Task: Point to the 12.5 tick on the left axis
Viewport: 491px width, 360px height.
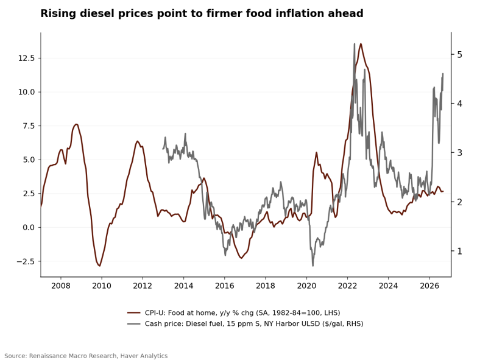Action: [x=27, y=58]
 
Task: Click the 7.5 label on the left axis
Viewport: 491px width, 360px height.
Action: [x=29, y=126]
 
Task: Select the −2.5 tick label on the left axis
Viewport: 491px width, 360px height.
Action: [x=26, y=261]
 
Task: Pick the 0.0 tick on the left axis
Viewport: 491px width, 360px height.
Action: [x=29, y=228]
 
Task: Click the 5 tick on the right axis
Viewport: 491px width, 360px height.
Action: [x=459, y=54]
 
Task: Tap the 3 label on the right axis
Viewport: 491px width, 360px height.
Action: [x=459, y=153]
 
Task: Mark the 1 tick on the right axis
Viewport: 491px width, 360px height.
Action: [x=459, y=251]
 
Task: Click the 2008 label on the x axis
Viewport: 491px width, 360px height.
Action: [x=61, y=286]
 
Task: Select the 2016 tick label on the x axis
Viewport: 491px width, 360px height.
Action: [x=225, y=286]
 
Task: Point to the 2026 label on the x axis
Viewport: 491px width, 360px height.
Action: [x=429, y=286]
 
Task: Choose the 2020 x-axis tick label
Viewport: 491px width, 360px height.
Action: [x=306, y=286]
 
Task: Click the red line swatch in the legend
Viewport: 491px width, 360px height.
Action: [x=133, y=312]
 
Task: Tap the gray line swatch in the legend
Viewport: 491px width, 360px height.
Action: [x=133, y=323]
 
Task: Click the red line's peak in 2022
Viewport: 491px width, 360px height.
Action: [x=361, y=44]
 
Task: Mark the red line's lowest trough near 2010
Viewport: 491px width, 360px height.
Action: [x=99, y=266]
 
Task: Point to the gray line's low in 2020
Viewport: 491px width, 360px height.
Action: [x=313, y=266]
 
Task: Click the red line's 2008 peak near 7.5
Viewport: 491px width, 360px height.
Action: [x=76, y=124]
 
